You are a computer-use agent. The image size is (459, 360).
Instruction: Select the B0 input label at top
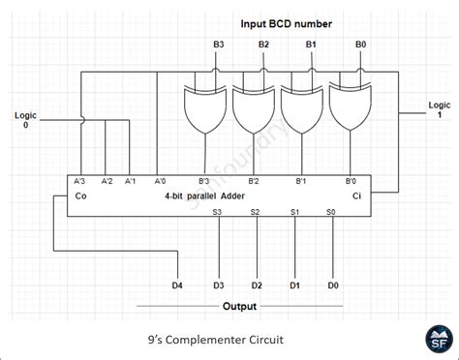[360, 45]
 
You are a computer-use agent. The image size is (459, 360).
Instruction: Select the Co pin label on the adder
[80, 195]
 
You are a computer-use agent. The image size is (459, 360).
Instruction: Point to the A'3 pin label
[80, 181]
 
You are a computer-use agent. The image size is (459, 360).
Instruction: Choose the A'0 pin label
[160, 181]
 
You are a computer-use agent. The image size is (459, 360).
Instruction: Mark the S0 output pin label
[330, 211]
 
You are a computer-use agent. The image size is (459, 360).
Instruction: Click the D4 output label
[176, 285]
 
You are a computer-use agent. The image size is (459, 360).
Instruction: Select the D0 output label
[333, 285]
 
